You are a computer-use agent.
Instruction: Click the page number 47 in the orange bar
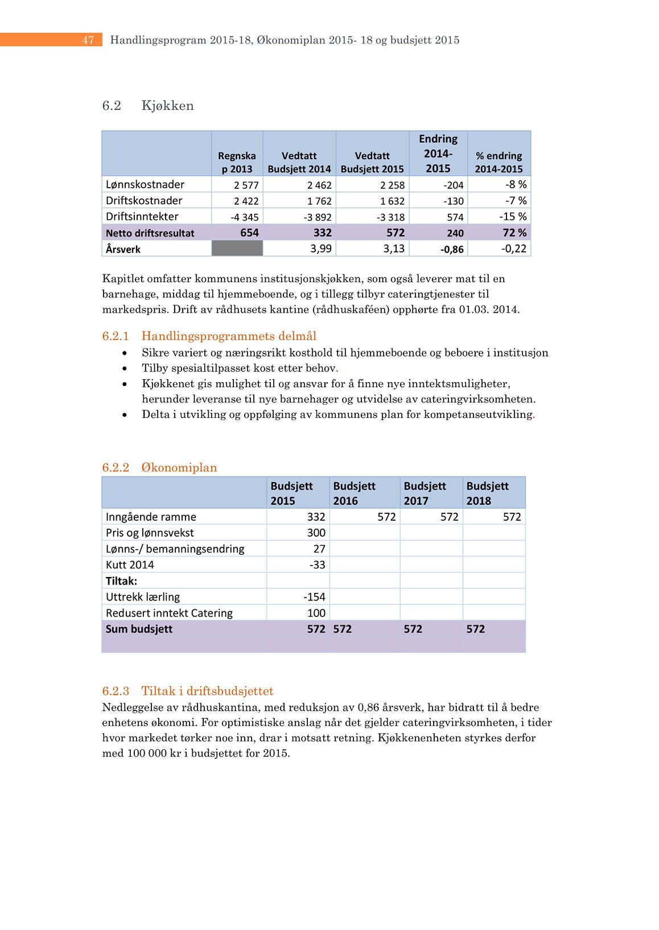point(88,40)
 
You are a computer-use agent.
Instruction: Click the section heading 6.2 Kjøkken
point(148,106)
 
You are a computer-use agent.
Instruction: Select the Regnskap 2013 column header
point(237,162)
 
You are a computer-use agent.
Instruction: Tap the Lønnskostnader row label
point(145,184)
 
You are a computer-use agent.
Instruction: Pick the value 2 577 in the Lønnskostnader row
point(246,185)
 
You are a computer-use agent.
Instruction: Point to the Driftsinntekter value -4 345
point(245,217)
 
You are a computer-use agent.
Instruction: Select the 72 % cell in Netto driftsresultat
point(514,232)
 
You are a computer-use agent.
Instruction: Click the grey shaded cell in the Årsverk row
point(237,248)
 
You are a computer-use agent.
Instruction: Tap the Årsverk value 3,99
point(321,248)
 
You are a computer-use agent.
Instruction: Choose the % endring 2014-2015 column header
point(499,162)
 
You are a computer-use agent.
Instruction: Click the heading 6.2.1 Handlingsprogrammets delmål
point(209,336)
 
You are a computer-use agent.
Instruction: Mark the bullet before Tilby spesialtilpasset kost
point(125,368)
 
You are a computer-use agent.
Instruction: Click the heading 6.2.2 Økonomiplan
point(159,467)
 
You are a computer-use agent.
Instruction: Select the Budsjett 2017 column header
point(425,493)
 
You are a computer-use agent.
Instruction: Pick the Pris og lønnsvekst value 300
point(316,533)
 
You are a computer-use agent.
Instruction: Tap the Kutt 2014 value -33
point(317,564)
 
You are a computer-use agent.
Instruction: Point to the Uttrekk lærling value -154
point(314,597)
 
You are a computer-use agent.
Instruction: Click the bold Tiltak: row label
point(121,581)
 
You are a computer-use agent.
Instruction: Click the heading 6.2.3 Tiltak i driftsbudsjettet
point(188,691)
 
